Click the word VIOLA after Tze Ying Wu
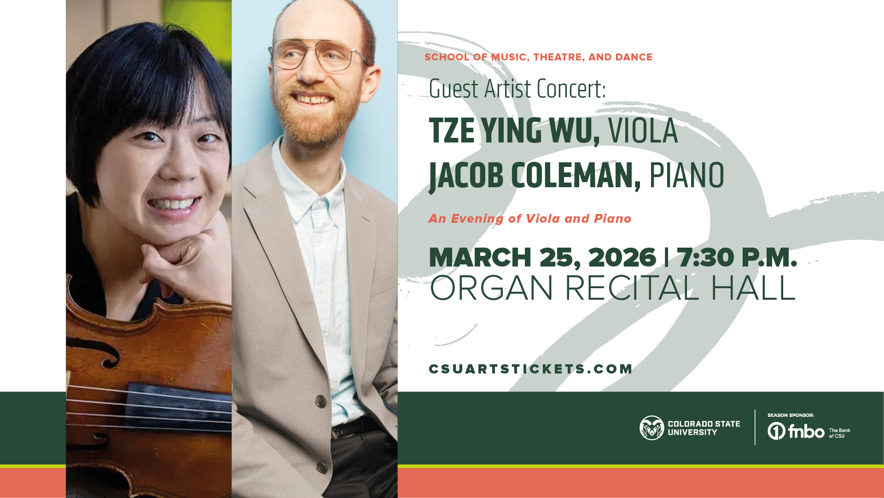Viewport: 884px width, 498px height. coord(643,131)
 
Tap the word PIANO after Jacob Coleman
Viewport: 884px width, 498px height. coord(686,176)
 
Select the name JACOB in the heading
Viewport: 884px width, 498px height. coord(466,176)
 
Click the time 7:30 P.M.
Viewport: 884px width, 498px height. coord(737,257)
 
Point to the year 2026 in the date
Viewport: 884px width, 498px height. coord(622,257)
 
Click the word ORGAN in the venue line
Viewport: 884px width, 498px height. coord(491,289)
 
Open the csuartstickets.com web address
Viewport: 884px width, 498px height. coord(530,369)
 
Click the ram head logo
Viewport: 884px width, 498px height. coord(651,428)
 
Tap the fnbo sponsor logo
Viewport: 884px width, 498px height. coord(796,432)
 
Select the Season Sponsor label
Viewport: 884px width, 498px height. coord(791,415)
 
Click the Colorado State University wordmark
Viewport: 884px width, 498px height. coord(704,428)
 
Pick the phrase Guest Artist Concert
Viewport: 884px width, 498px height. coord(517,89)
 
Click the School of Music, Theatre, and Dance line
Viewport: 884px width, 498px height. coord(538,57)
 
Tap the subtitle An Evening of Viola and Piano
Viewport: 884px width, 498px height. coord(529,219)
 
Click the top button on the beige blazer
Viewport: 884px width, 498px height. coord(321,401)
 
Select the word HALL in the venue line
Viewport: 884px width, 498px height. coord(753,289)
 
